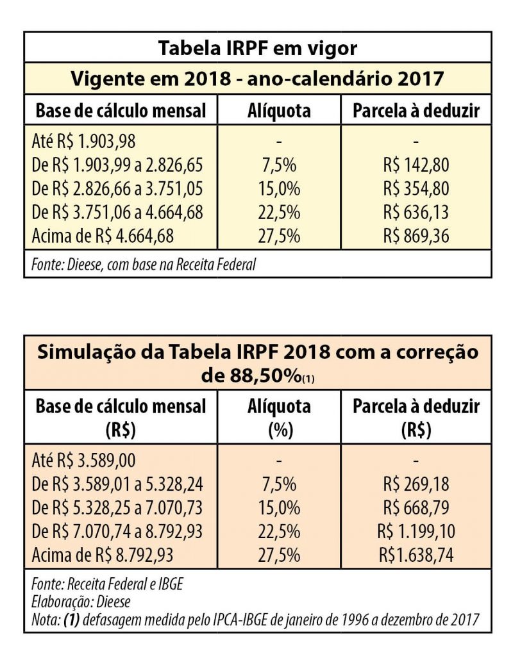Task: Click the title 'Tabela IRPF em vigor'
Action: click(257, 48)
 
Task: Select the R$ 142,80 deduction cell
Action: click(416, 165)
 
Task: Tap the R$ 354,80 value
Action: click(416, 189)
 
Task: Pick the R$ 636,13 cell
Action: click(416, 212)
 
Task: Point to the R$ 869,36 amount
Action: click(416, 236)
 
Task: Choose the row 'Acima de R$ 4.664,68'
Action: click(103, 236)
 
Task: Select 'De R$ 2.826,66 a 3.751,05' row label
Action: click(117, 189)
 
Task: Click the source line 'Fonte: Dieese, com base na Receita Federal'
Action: click(143, 264)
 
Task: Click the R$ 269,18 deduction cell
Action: click(416, 484)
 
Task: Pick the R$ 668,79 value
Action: click(416, 507)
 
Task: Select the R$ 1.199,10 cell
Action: click(416, 531)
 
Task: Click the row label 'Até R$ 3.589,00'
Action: click(84, 460)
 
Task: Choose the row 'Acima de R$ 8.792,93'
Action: click(103, 555)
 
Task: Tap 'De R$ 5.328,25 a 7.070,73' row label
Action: click(117, 507)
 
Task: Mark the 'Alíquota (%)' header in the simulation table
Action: click(279, 418)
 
